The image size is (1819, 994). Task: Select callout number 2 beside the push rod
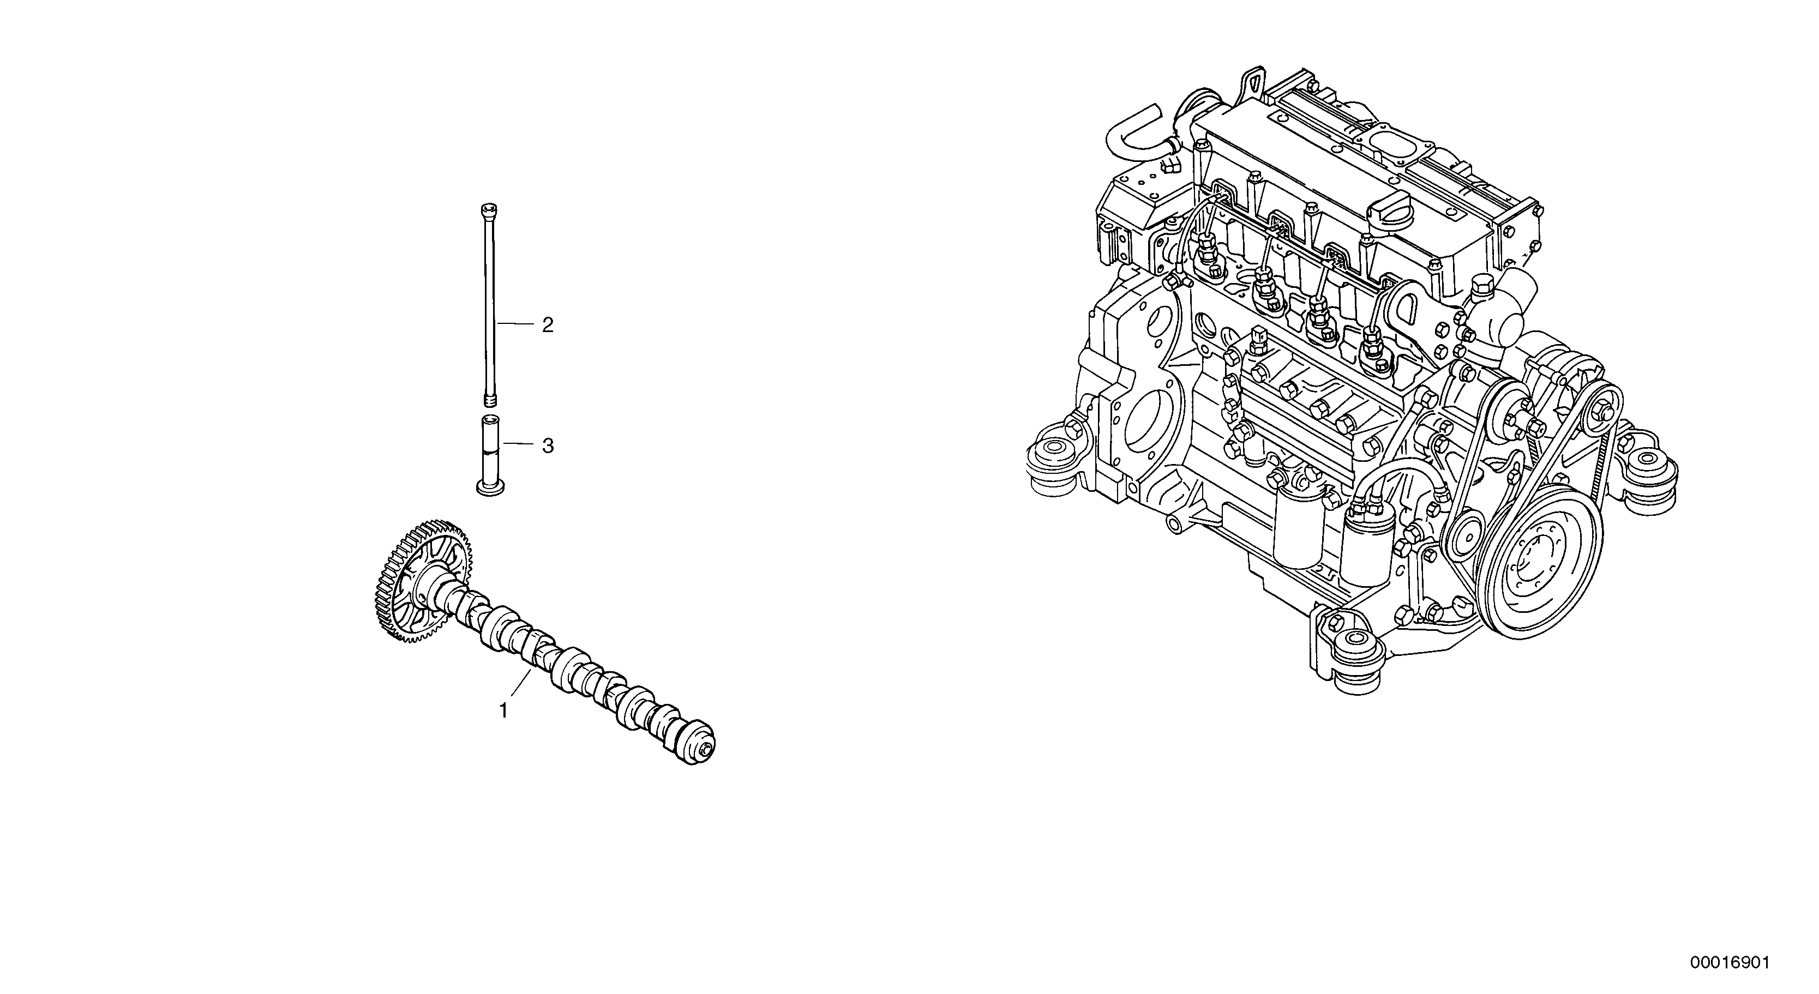click(x=547, y=325)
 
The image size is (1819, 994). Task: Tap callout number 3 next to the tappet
click(x=547, y=445)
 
